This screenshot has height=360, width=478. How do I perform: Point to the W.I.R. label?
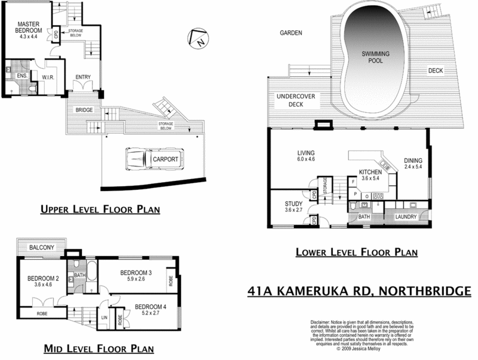(48, 76)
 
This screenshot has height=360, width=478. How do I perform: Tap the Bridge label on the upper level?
(83, 110)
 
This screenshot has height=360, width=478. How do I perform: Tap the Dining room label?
(413, 160)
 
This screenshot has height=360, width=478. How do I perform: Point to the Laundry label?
(406, 216)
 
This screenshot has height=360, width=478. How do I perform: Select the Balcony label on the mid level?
(38, 247)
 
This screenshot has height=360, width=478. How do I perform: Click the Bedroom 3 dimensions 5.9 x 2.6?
(136, 279)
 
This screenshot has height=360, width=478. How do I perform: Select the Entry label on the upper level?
(82, 76)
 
